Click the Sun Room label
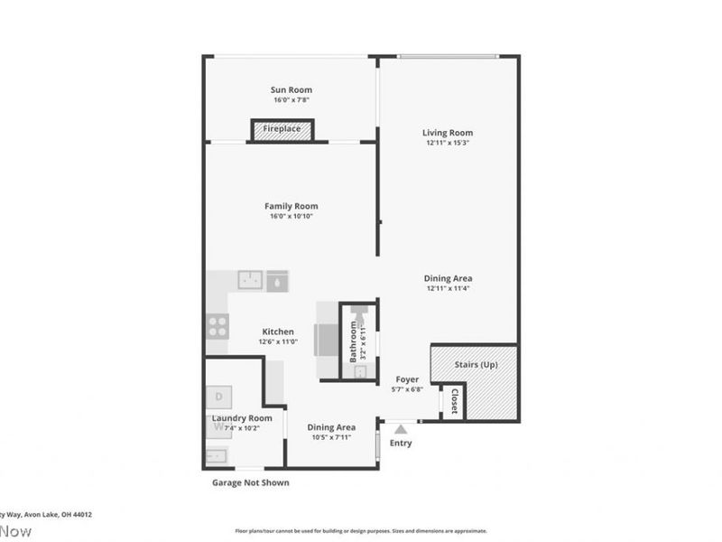coord(292,89)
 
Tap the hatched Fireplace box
coord(282,130)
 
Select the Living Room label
coord(449,133)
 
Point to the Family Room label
coord(291,206)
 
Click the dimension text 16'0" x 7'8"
coord(292,100)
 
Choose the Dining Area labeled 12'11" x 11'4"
coord(449,278)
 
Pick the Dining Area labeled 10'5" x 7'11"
coord(331,427)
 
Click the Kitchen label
coord(278,332)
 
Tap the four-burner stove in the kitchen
coord(218,325)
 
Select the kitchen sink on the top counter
coord(250,280)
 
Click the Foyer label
coord(407,379)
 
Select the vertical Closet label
coord(454,402)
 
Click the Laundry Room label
coord(242,418)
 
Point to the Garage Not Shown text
coord(250,482)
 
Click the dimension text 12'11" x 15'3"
coord(449,143)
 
